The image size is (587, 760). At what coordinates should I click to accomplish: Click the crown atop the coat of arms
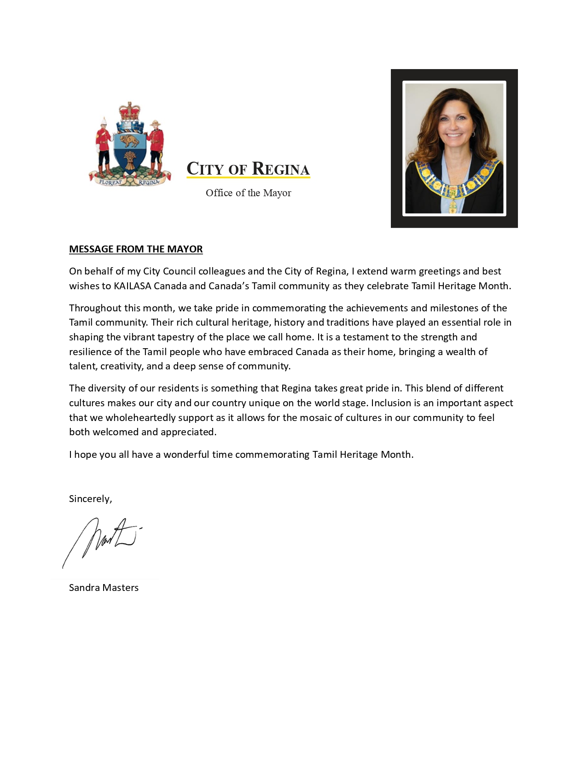pos(130,111)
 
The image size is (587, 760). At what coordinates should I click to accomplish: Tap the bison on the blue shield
pos(130,140)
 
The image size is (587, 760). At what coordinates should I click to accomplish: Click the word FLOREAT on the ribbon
pos(110,181)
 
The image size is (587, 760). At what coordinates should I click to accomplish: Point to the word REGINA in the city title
pos(281,169)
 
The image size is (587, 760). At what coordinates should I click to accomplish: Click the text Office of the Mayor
pos(248,193)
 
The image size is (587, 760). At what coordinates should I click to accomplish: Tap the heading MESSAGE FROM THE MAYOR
pos(136,249)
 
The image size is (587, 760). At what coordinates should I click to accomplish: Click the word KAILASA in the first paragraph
pos(132,286)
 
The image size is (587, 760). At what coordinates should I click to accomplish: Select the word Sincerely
pos(90,499)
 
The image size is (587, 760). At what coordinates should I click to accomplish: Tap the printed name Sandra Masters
pos(104,588)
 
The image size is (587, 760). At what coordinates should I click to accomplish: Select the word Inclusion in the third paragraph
pos(391,403)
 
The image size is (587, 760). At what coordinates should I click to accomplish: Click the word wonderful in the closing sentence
pos(186,455)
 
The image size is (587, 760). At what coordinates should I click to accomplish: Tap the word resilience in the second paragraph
pos(90,352)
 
